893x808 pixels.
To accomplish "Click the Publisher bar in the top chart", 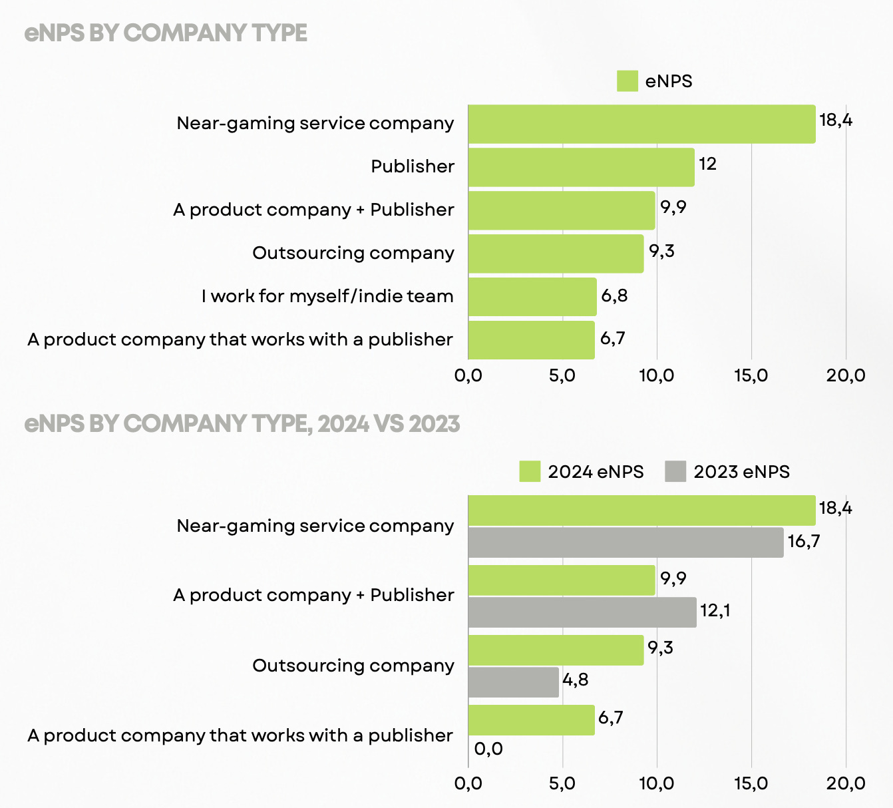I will click(x=581, y=167).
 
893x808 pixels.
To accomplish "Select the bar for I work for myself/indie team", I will click(x=532, y=297).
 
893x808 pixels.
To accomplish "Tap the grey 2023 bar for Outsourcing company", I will click(x=513, y=682).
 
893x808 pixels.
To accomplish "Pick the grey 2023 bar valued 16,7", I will click(x=625, y=542).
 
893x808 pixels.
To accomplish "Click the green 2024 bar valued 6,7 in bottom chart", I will click(x=531, y=720).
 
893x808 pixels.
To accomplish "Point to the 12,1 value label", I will click(x=715, y=610).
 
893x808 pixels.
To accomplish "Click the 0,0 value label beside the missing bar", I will click(x=488, y=749).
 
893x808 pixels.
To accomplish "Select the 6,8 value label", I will click(x=614, y=296).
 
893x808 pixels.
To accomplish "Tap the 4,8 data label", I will click(x=576, y=680).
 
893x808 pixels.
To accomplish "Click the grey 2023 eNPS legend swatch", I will click(x=675, y=472).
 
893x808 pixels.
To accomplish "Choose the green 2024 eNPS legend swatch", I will click(x=530, y=472).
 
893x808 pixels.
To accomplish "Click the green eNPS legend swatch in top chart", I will click(x=627, y=81).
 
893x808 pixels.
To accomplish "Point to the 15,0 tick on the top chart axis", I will click(x=751, y=376).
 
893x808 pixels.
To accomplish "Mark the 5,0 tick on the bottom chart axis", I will click(x=562, y=784).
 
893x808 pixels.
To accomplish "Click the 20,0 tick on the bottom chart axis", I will click(x=846, y=784).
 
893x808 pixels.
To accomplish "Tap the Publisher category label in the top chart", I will click(x=413, y=166).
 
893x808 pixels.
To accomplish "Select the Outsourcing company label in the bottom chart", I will click(x=353, y=666).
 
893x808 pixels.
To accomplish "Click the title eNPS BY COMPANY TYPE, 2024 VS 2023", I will click(x=242, y=424).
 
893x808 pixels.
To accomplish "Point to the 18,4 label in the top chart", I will click(x=836, y=120).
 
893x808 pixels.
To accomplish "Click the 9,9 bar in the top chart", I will click(x=562, y=210).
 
